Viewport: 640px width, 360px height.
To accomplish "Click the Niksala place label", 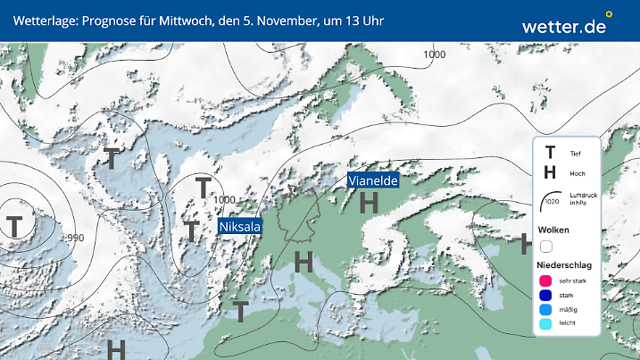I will point(240,227).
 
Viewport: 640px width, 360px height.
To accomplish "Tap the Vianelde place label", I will point(372,180).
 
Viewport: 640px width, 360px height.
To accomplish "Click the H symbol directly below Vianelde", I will point(369,204).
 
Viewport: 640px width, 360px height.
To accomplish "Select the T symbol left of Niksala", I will point(191,231).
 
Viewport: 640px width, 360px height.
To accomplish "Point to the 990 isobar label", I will point(74,238).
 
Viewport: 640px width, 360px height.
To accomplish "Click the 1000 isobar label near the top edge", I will point(435,54).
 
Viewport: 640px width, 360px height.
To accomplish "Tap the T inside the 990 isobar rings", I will point(15,226).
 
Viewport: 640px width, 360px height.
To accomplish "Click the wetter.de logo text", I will point(564,27).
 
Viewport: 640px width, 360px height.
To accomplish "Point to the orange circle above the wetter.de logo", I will point(609,14).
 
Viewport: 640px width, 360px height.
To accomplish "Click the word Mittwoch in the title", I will point(183,20).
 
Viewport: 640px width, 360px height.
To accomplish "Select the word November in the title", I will point(278,20).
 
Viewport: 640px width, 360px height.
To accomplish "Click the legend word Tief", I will point(575,154).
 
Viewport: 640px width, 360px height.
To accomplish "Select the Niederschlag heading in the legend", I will point(564,265).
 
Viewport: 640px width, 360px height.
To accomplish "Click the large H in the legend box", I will point(550,172).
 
